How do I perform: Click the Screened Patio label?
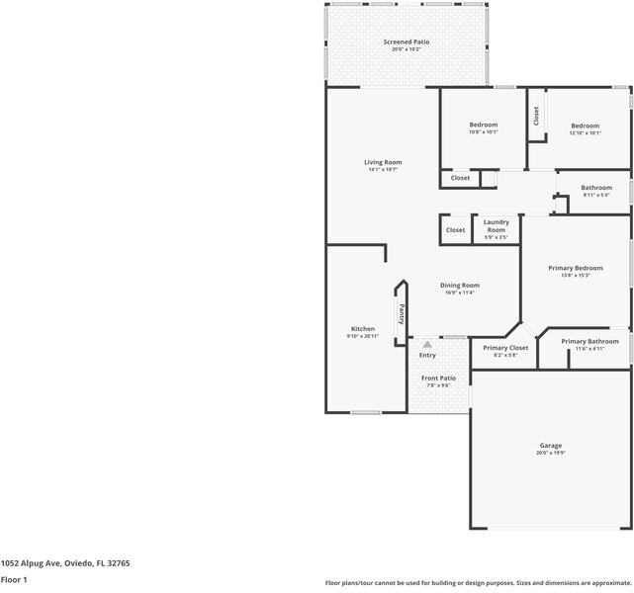click(407, 42)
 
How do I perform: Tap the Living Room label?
click(383, 162)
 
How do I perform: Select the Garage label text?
click(551, 445)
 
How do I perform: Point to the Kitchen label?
click(363, 328)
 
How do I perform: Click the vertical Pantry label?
click(402, 313)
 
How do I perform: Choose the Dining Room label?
click(460, 285)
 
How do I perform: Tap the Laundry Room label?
click(496, 225)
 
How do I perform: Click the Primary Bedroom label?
click(576, 268)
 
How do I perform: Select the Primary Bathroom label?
click(589, 341)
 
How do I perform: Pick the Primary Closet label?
click(505, 348)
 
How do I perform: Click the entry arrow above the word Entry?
click(427, 345)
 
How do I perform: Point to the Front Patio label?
click(438, 378)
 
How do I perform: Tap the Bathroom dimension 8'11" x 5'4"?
click(596, 195)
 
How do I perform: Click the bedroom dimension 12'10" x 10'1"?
click(585, 132)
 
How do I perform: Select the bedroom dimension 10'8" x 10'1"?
click(484, 131)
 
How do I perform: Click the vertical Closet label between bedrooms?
click(536, 116)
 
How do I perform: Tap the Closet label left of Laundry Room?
click(455, 230)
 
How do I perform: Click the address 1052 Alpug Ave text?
click(65, 562)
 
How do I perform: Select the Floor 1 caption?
click(14, 580)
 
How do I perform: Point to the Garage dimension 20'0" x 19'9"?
click(551, 453)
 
